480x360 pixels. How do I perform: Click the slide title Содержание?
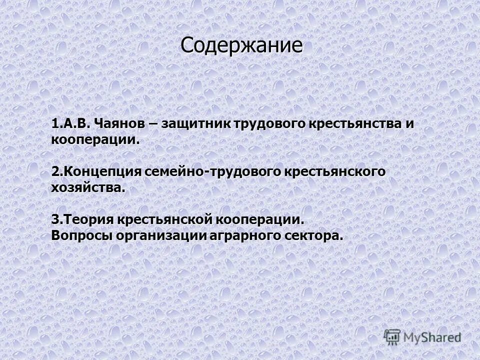[241, 45]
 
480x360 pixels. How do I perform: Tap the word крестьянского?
[335, 171]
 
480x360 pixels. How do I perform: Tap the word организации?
[160, 235]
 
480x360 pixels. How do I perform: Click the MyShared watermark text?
[432, 337]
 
